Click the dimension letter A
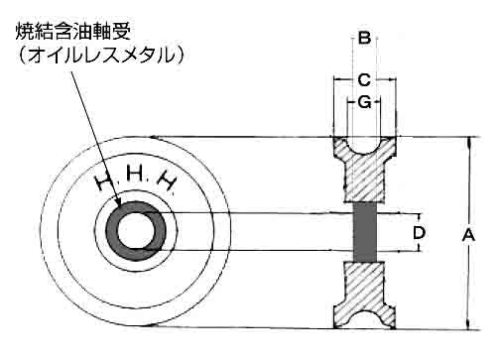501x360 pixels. (x=468, y=235)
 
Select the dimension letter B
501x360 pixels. (x=364, y=38)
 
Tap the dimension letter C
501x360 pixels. (x=364, y=80)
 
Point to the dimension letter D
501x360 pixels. (x=419, y=233)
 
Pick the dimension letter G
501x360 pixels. (x=364, y=102)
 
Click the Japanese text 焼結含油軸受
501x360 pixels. (x=73, y=31)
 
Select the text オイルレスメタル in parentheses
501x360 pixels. (x=101, y=55)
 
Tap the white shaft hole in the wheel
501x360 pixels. (x=136, y=231)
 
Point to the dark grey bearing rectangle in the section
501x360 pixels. (x=365, y=232)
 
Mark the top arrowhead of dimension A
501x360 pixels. (x=468, y=140)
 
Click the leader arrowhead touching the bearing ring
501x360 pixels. (x=118, y=201)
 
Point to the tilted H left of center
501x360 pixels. (x=103, y=181)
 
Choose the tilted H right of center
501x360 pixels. (x=166, y=181)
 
